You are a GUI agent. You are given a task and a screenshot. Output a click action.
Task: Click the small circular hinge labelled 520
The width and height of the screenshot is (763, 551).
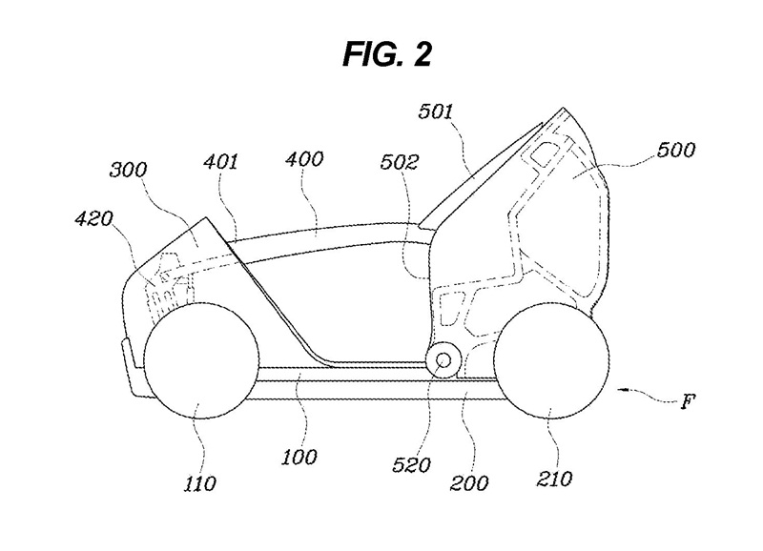[x=443, y=360]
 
